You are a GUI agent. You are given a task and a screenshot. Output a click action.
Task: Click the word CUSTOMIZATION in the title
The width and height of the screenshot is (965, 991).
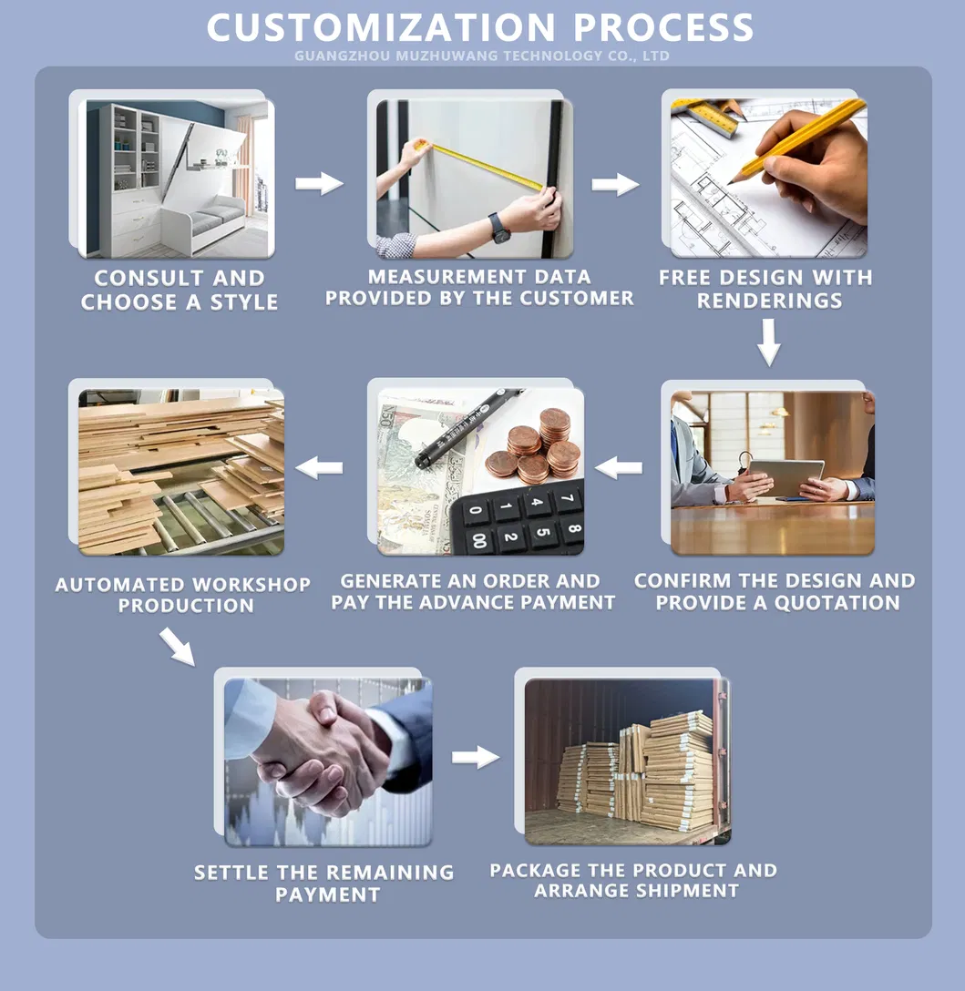click(x=381, y=28)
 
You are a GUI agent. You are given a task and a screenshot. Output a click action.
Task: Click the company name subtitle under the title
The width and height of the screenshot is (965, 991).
click(x=482, y=56)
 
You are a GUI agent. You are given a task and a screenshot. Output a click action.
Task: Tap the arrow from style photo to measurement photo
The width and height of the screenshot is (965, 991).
click(x=319, y=183)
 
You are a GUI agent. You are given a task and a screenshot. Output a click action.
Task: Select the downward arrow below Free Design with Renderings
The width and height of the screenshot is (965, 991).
click(x=769, y=342)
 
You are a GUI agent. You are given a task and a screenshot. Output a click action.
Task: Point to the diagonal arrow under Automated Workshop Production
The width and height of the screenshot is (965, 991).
click(x=177, y=647)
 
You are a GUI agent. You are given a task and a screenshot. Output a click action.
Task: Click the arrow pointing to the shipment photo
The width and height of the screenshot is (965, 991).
click(x=476, y=757)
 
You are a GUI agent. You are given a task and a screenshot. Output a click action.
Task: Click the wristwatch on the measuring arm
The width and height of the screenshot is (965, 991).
click(x=499, y=228)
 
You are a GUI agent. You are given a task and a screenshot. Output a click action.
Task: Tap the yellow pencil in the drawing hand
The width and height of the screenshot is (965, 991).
click(x=796, y=141)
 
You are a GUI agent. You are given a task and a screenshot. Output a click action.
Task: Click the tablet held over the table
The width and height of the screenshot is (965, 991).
click(x=786, y=477)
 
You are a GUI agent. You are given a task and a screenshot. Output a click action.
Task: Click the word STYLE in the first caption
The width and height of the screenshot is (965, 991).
click(x=243, y=302)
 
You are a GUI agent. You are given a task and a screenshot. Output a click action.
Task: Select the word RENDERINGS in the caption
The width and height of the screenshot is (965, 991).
click(x=770, y=301)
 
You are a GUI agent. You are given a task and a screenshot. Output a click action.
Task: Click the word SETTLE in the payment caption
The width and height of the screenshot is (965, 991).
click(x=231, y=873)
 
